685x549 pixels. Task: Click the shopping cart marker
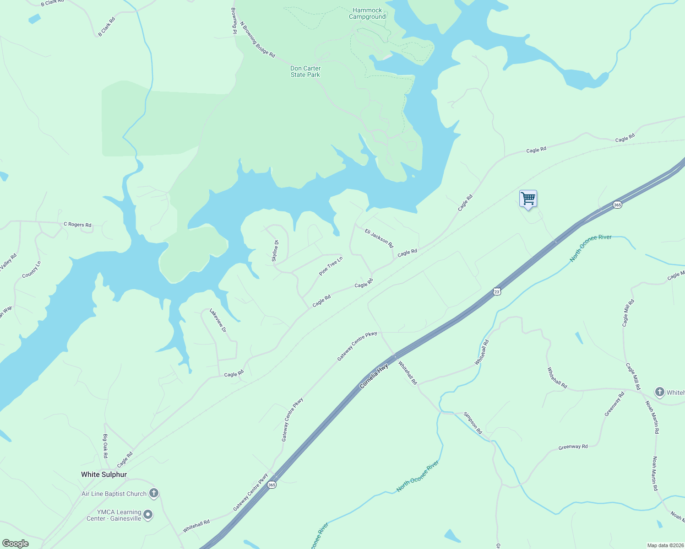point(528,199)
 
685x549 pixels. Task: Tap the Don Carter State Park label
point(305,72)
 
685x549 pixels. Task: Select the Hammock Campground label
point(367,14)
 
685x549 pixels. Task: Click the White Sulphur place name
point(104,474)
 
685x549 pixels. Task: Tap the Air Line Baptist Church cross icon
point(154,493)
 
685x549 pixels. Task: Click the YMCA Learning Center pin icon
point(148,515)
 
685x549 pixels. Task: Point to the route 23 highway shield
point(497,291)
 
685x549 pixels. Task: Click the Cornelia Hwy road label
point(374,376)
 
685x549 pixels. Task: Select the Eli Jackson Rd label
point(379,238)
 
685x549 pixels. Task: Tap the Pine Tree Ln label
point(331,266)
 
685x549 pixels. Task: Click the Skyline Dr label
point(275,251)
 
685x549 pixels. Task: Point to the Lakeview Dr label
point(218,320)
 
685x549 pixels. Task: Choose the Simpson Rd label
point(473,423)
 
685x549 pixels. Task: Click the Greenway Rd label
point(573,447)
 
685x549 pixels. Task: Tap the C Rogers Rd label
point(77,225)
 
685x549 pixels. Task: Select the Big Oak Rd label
point(105,446)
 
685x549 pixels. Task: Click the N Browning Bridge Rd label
point(257,40)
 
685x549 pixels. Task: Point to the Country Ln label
point(32,269)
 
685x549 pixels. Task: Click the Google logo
point(15,544)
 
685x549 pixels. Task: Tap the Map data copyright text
point(665,545)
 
